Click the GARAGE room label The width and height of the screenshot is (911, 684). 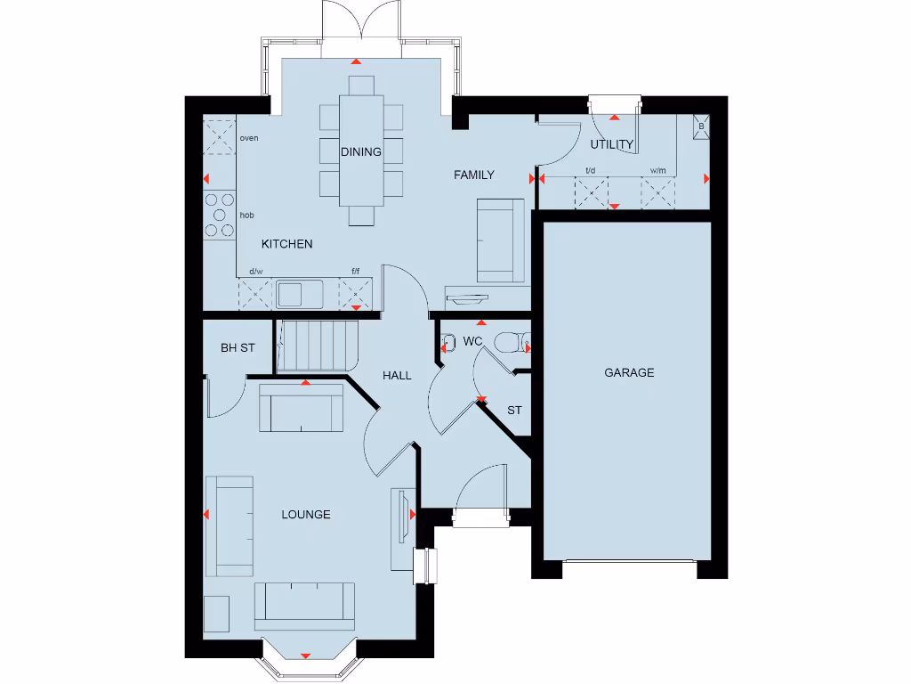coord(629,372)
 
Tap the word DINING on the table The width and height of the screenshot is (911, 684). coord(361,151)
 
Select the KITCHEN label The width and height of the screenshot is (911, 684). coord(286,243)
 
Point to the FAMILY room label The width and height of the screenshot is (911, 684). coord(473,175)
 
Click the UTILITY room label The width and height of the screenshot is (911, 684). coord(612,144)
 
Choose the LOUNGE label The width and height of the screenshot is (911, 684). coord(306,514)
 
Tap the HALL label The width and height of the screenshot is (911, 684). coord(397,375)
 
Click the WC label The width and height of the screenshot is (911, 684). coord(472,341)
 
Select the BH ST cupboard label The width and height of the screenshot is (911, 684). coord(238,347)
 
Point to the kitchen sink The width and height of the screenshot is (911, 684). coord(300,293)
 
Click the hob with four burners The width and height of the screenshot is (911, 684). coord(219,216)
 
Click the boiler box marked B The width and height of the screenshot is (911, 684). coord(701,126)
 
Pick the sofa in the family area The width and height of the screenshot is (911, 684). coord(500,240)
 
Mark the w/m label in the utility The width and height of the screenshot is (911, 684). coord(657,170)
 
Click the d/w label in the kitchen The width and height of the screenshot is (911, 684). coord(256,271)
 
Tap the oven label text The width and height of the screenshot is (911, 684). coord(249,138)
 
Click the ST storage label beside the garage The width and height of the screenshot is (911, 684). coord(514,411)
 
